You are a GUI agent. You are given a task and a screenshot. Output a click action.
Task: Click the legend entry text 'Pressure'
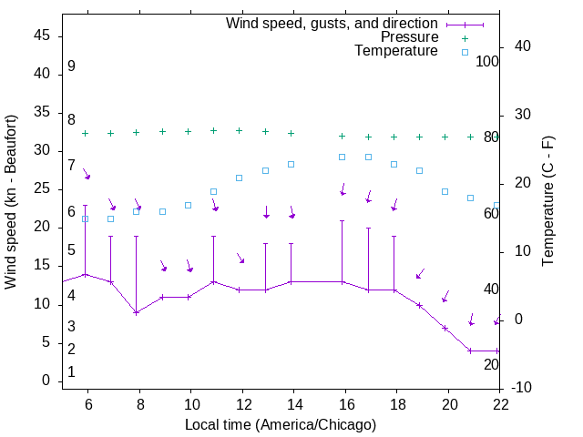409,37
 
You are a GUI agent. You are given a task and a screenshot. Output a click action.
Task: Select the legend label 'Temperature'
396,51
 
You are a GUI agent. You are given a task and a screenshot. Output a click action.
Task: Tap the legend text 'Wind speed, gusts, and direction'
332,24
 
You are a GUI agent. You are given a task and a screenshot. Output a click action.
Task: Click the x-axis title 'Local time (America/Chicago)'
281,424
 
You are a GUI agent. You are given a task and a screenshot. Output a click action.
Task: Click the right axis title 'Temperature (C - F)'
547,202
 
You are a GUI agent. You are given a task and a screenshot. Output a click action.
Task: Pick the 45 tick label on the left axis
42,36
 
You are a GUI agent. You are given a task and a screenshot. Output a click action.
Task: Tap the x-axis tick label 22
500,404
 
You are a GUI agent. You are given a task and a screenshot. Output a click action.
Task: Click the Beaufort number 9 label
71,66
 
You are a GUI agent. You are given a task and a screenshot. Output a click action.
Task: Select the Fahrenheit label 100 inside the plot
487,61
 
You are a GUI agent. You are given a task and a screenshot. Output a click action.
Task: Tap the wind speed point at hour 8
137,312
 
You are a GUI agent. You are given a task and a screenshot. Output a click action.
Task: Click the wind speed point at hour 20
445,328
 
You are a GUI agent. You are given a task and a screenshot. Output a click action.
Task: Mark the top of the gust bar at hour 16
343,220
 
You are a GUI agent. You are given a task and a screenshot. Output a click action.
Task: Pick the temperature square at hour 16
343,157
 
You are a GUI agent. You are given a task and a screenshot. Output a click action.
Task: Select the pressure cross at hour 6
86,133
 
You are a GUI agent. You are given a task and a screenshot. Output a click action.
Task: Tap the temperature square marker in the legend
465,52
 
